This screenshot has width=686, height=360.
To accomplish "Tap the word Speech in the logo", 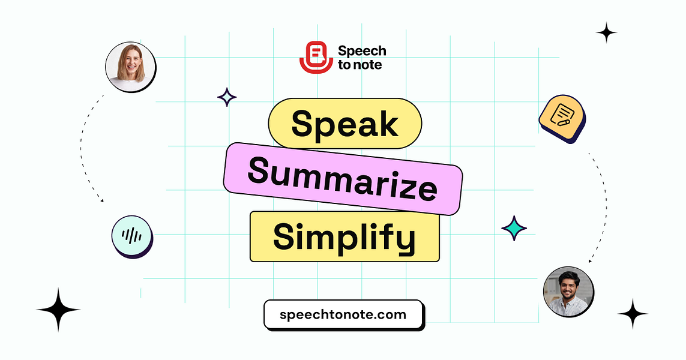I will pos(362,51).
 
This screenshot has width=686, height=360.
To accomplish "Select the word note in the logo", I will pos(368,65).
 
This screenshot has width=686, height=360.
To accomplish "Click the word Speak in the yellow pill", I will pos(345,124).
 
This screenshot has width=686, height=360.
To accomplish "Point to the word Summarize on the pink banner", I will pos(342,178).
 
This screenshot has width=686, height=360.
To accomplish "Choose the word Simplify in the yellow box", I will pos(344,236).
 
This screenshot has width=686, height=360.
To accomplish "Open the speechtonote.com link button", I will pos(343,314).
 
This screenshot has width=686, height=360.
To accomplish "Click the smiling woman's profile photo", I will pos(130,67).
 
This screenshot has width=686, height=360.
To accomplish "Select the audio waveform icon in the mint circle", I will pos(131,236).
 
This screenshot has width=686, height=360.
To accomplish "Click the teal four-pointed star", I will pos(514,228).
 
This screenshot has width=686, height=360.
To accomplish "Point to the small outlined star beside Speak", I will pos(226,97).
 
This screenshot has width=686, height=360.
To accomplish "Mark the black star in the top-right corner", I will pos(606,32).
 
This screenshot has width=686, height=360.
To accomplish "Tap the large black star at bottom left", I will pos(58,310).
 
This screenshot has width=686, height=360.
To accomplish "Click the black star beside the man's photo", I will pos(633,314).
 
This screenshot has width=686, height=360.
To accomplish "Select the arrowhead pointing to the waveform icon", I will pos(101,200).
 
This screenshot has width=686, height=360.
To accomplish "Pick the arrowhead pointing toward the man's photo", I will pos(590,261).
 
